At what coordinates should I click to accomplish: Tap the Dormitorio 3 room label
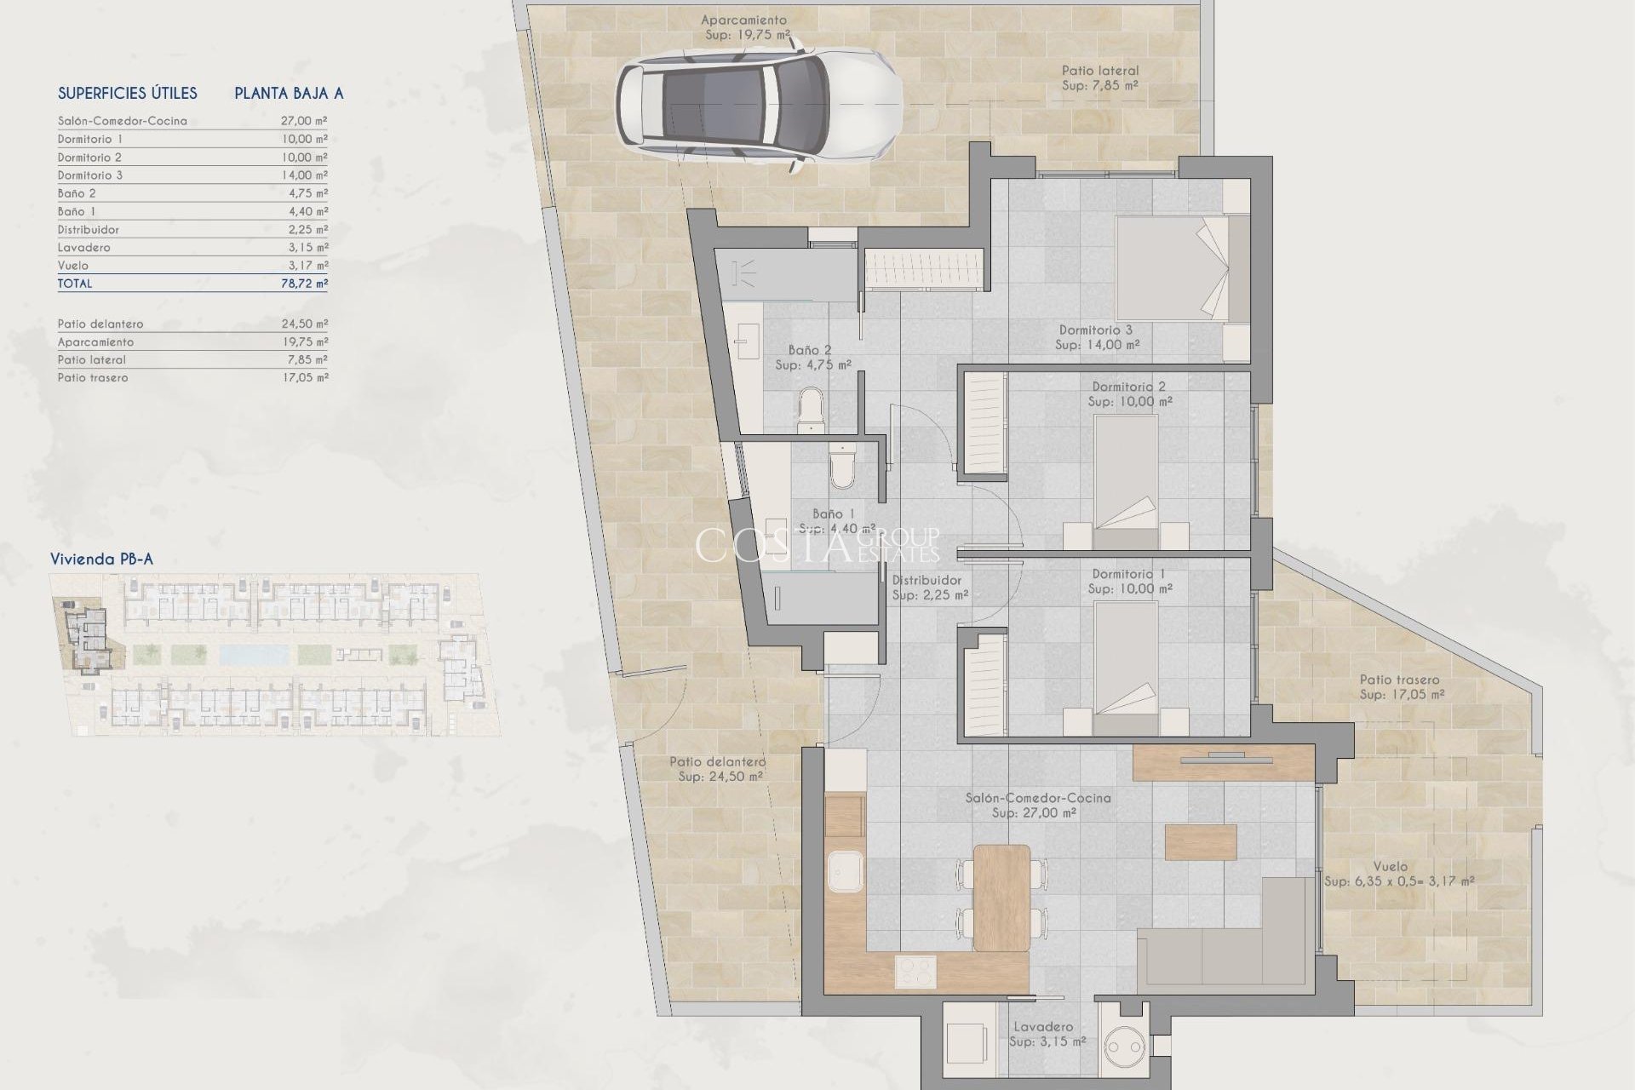(1096, 330)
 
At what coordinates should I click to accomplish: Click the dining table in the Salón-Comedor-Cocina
(1001, 897)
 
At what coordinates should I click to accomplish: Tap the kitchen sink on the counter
(845, 874)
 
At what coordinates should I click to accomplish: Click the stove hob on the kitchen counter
(915, 972)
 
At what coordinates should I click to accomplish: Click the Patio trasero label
(1399, 680)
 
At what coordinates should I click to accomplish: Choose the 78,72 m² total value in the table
(304, 284)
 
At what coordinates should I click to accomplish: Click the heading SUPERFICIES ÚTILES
(128, 94)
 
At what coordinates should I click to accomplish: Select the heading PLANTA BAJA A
(289, 94)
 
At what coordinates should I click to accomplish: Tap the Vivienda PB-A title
(101, 559)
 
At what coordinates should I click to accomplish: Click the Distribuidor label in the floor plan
(926, 581)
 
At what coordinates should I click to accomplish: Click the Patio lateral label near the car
(1099, 71)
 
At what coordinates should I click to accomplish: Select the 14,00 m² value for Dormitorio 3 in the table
(304, 175)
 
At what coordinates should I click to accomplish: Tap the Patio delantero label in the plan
(717, 762)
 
